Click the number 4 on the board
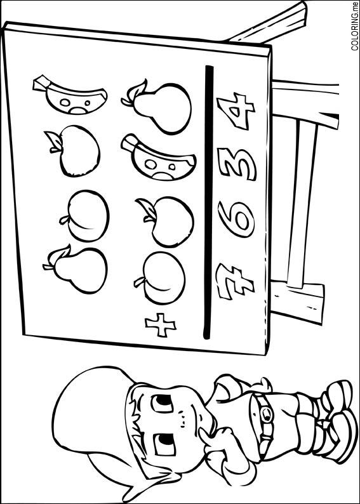click(x=236, y=111)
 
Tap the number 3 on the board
click(x=237, y=164)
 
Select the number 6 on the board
click(x=236, y=219)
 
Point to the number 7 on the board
click(x=236, y=282)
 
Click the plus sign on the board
click(x=161, y=324)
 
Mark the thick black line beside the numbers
click(x=208, y=202)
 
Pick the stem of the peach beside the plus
click(x=139, y=282)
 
